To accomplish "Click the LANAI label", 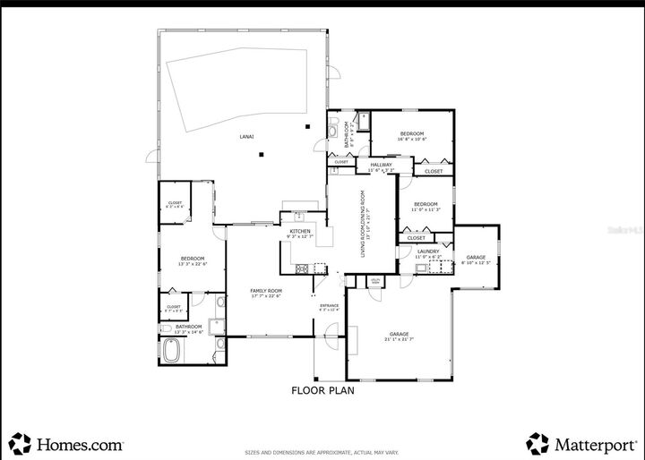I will coord(246,136).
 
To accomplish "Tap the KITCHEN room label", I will coord(299,231).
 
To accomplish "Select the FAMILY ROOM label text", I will coord(266,291).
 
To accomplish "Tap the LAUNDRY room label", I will coord(427,251).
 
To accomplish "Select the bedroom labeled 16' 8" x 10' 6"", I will coord(412,134).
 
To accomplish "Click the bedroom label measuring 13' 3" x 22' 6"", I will coord(193,259).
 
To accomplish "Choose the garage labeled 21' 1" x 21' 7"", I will coord(399,335).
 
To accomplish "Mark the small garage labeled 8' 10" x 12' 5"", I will coord(475,258).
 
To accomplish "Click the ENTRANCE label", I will coord(330,306).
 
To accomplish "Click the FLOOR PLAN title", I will coord(323,390).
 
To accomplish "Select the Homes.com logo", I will coord(66,442).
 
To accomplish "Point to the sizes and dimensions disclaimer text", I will coord(322,452).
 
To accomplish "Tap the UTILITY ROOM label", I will coord(375,281).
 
